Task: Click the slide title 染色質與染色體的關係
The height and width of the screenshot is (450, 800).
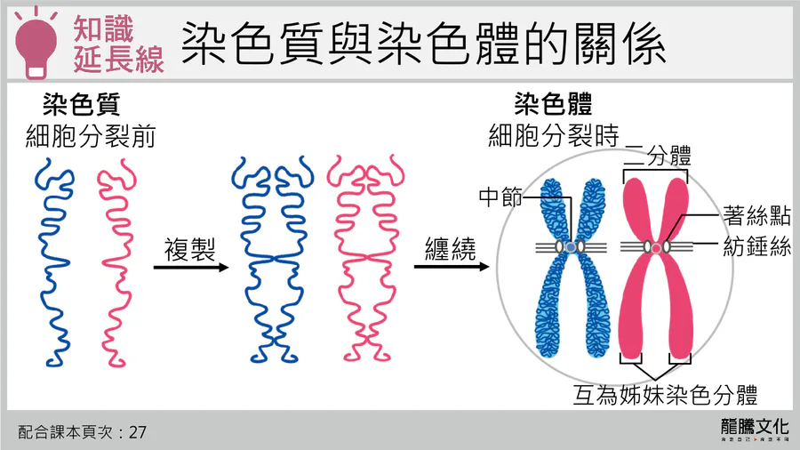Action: pyautogui.click(x=423, y=43)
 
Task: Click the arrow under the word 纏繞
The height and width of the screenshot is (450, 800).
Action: pyautogui.click(x=450, y=265)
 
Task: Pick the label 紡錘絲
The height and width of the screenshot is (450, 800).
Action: pyautogui.click(x=757, y=247)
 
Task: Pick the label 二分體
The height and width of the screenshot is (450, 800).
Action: pyautogui.click(x=659, y=158)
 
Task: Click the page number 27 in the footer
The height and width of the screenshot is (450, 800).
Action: pyautogui.click(x=137, y=432)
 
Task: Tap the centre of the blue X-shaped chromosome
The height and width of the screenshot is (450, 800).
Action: pyautogui.click(x=569, y=245)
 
